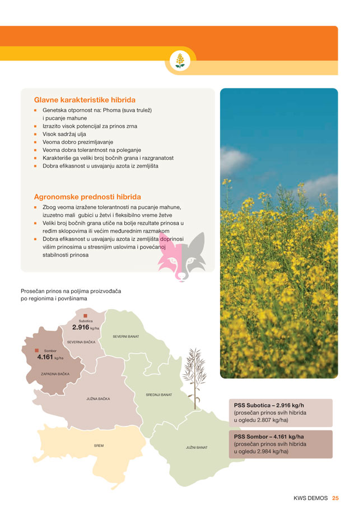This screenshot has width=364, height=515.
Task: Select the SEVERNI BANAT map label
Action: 125,336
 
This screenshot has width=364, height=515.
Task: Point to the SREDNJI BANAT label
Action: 159,395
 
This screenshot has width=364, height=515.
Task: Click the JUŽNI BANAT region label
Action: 197,448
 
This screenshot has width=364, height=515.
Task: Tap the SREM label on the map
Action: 99,446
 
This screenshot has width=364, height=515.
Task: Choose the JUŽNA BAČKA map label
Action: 98,399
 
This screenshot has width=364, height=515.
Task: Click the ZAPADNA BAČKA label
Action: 55,373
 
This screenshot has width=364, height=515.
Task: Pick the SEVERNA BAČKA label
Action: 81,342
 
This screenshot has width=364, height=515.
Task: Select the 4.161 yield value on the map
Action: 45,357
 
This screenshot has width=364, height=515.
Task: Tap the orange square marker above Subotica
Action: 86,316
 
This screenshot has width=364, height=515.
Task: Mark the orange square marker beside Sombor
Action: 36,351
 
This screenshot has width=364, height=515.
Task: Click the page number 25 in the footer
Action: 335,497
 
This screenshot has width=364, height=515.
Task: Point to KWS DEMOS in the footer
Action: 311,497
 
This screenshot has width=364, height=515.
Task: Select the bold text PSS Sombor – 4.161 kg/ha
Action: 269,436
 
